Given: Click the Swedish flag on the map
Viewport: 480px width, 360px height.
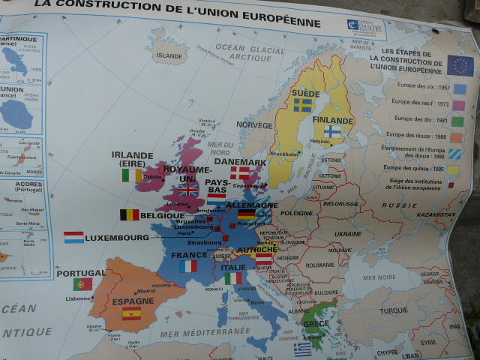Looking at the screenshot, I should tap(303, 105).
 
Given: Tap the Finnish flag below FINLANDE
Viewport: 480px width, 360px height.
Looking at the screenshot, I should tap(331, 131).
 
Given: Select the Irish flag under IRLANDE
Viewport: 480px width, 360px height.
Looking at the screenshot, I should tap(132, 175).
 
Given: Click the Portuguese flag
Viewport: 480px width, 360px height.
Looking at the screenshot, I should tap(82, 284).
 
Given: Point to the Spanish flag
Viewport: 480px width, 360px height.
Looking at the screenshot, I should tap(131, 313).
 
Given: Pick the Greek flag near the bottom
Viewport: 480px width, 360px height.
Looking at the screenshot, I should tap(303, 349).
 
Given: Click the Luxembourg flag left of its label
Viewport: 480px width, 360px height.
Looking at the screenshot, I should tap(73, 237).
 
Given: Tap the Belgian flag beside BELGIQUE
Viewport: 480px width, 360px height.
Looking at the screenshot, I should tap(130, 214).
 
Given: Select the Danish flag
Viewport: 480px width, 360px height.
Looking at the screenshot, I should tap(240, 172).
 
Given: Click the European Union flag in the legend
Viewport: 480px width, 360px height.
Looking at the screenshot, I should tap(460, 65).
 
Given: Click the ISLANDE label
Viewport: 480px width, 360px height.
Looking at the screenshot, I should tap(169, 55).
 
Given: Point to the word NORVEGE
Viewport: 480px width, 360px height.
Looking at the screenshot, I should tap(254, 125).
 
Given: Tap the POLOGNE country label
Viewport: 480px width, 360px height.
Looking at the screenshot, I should tap(296, 213).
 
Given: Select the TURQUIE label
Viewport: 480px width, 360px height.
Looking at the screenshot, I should tap(393, 310).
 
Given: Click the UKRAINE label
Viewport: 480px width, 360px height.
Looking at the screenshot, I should tap(348, 233).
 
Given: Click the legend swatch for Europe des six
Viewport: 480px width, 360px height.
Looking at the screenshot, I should tap(459, 88).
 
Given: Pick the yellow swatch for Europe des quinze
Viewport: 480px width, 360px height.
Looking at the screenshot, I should tap(454, 170).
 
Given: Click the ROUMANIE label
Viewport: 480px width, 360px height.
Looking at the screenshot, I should tap(319, 265).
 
